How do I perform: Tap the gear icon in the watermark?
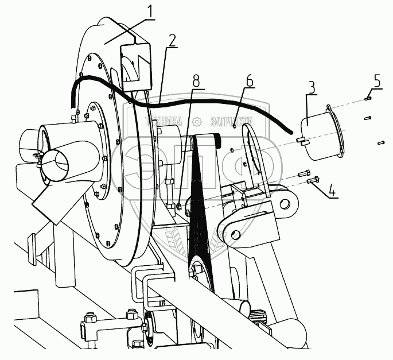tap(197, 121)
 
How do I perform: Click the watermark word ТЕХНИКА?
tap(165, 121)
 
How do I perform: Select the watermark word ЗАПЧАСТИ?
tap(232, 121)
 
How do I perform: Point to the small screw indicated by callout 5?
tap(368, 98)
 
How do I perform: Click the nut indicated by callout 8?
tap(179, 206)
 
